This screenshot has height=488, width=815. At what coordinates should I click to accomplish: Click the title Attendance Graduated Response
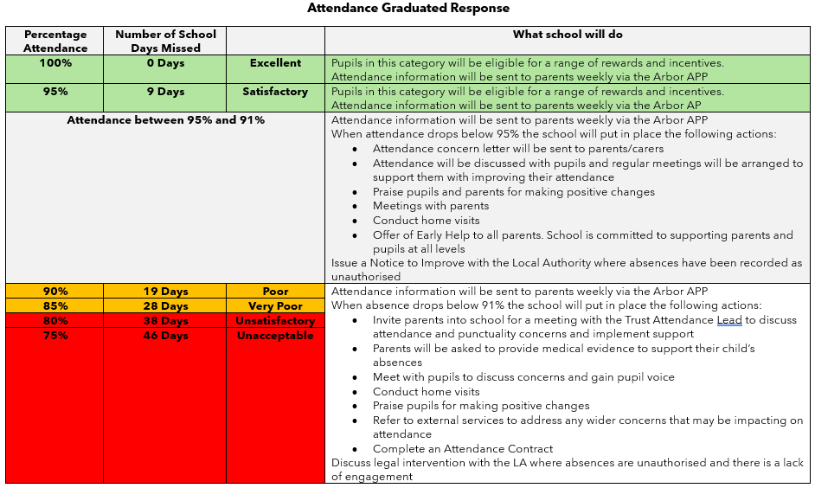point(407,9)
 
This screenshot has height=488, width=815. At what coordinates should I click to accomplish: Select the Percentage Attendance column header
point(55,41)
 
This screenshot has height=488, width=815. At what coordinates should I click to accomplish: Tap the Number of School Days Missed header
point(165,41)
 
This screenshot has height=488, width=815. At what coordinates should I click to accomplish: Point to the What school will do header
point(568,35)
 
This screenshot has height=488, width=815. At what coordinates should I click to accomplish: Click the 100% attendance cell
point(55,63)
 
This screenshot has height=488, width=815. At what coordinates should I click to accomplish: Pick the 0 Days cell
point(165,63)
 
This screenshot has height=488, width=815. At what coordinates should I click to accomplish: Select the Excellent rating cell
point(275,63)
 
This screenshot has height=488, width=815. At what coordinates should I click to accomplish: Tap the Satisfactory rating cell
point(275,92)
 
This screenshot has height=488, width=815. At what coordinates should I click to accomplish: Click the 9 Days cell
point(165,92)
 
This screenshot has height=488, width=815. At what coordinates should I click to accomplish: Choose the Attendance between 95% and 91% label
point(165,120)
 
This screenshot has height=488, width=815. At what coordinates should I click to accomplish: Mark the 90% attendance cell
point(55,292)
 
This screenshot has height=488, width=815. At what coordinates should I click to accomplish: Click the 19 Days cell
point(165,292)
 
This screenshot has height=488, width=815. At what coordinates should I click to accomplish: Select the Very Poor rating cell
point(275,306)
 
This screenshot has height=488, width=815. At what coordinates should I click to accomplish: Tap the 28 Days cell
point(165,306)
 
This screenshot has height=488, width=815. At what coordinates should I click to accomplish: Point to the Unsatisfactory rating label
point(275,321)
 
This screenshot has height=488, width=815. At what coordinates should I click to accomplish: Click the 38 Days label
point(165,321)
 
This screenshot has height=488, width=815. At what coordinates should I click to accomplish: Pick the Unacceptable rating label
point(275,336)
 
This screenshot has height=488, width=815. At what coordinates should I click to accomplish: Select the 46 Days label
point(165,336)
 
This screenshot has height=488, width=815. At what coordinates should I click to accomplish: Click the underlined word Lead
point(729,320)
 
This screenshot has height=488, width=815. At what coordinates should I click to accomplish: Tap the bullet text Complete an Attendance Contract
point(463,449)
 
